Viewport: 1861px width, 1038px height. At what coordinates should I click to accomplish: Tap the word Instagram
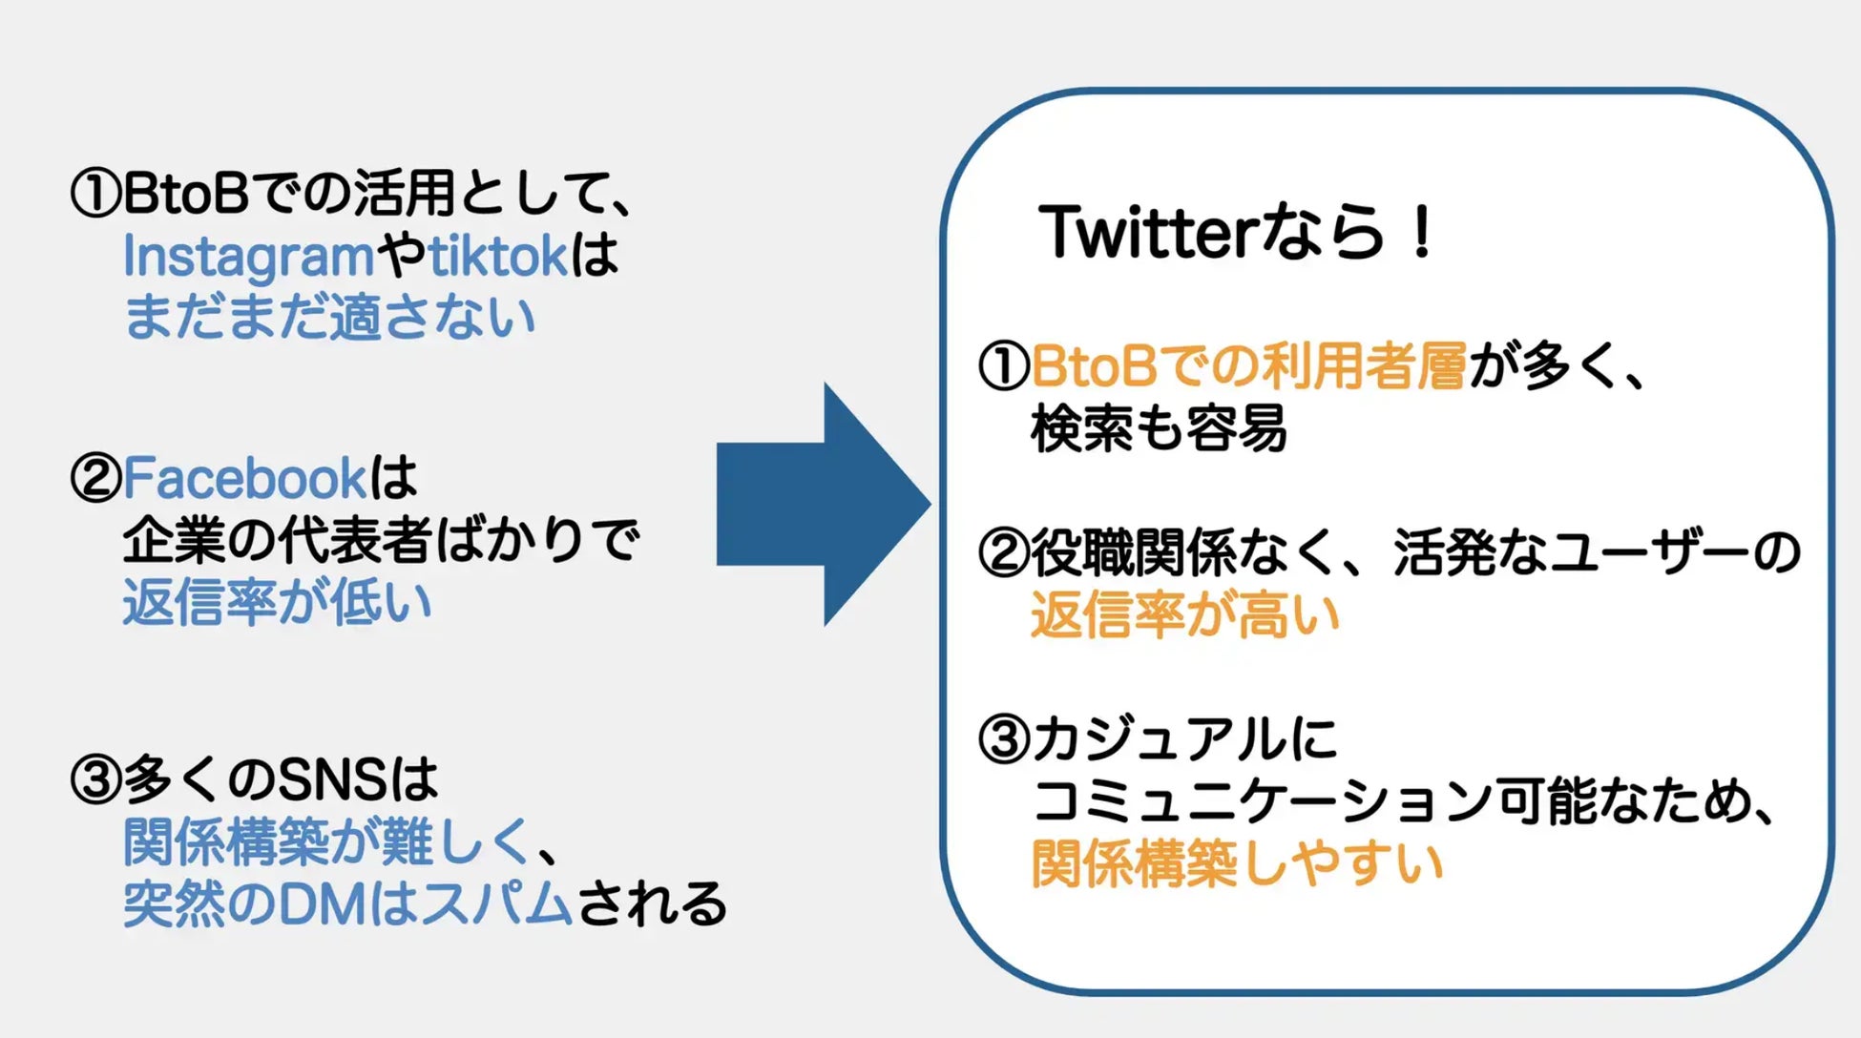[x=248, y=257]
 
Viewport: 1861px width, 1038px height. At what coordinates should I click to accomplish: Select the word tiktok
[x=498, y=256]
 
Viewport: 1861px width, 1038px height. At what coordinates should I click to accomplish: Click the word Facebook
[x=244, y=478]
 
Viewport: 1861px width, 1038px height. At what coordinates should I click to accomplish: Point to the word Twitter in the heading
[x=1149, y=232]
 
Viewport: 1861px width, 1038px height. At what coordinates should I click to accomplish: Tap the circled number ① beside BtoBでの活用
[x=95, y=193]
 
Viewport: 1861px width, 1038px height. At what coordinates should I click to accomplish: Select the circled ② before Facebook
[x=95, y=478]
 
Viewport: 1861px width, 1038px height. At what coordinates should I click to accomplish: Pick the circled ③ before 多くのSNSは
[x=95, y=779]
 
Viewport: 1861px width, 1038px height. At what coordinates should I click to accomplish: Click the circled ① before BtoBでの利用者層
[x=1004, y=366]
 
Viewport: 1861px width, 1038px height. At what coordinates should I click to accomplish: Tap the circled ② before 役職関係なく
[x=1004, y=553]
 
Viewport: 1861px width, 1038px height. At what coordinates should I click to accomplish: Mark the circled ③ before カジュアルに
[x=1004, y=739]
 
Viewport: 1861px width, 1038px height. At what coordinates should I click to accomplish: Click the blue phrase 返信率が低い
[x=277, y=603]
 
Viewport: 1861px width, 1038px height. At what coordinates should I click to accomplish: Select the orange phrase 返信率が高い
[x=1185, y=615]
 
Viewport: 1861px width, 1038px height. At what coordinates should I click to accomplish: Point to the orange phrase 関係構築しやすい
[x=1237, y=864]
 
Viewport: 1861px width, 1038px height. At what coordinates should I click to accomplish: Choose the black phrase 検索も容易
[x=1159, y=428]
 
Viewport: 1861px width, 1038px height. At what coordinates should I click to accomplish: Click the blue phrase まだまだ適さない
[x=330, y=318]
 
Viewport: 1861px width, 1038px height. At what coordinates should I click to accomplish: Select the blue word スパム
[x=496, y=903]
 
